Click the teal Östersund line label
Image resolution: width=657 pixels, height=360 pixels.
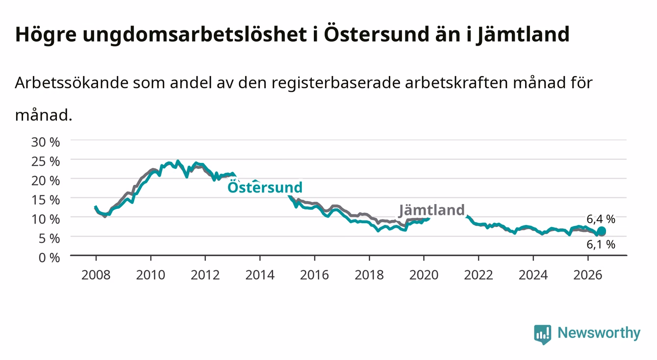coord(265,187)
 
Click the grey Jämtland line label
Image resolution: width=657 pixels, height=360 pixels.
coord(432,210)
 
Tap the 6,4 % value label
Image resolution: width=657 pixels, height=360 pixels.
coord(601,219)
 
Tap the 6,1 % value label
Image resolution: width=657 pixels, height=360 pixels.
coord(601,244)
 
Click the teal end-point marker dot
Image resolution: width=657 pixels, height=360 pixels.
coord(601,231)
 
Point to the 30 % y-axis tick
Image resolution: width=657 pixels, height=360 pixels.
coord(46,142)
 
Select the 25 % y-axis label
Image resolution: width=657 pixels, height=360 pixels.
coord(46,161)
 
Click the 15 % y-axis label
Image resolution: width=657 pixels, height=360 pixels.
coord(46,200)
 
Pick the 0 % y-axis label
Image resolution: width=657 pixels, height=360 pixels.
coord(49,257)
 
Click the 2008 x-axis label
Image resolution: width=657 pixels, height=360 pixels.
coord(96,275)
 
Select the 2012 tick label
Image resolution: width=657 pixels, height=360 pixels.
coord(205,275)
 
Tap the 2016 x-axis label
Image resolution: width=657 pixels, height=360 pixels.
coord(314,275)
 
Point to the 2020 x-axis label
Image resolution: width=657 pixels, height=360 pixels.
coord(424,275)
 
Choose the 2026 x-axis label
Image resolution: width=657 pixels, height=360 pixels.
coord(588,275)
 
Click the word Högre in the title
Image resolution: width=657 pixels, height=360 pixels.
coord(46,35)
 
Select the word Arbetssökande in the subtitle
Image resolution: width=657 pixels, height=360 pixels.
coord(72,83)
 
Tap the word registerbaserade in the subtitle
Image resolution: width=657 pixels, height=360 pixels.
coord(336,83)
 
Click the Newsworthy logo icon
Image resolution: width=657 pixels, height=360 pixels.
coord(542,334)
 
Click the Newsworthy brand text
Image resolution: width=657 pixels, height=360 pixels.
coord(599,333)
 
